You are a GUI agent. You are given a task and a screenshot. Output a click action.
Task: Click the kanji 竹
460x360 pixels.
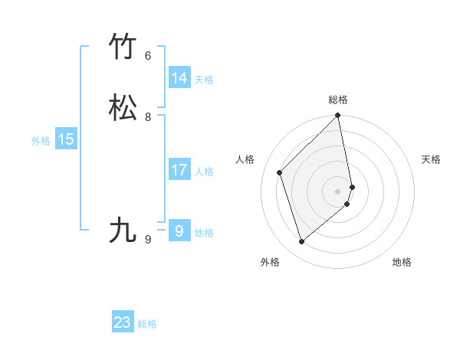123,47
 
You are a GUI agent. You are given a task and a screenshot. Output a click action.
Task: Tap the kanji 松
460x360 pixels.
123,108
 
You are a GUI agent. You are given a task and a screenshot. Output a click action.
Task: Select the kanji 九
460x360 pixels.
123,229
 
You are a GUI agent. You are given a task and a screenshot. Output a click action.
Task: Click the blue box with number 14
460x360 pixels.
179,78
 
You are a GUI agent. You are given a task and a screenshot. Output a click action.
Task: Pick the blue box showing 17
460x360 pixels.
179,170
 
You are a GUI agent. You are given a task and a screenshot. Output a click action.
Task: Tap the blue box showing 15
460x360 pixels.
66,139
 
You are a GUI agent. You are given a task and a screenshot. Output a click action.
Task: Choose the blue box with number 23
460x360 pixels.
123,322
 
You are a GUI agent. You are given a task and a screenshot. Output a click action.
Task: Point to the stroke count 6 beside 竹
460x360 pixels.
148,56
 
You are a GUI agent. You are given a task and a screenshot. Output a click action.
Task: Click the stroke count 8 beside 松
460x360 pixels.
148,117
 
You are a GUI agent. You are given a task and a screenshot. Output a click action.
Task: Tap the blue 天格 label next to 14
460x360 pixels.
204,80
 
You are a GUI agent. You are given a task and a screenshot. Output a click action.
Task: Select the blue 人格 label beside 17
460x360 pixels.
204,172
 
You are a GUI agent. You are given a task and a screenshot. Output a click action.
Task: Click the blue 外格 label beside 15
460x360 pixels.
41,141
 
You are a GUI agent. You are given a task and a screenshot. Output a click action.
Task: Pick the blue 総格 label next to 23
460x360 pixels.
147,324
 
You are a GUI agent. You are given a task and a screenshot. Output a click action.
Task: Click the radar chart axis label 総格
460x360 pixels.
338,100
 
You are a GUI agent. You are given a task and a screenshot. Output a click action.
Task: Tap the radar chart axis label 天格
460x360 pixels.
431,159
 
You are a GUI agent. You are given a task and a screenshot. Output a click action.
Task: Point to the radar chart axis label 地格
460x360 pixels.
402,262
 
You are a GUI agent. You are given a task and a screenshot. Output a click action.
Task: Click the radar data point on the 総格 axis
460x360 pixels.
338,116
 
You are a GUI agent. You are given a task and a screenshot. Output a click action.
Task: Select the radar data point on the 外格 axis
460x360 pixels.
302,242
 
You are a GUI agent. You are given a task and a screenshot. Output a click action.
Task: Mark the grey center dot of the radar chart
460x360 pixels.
338,191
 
